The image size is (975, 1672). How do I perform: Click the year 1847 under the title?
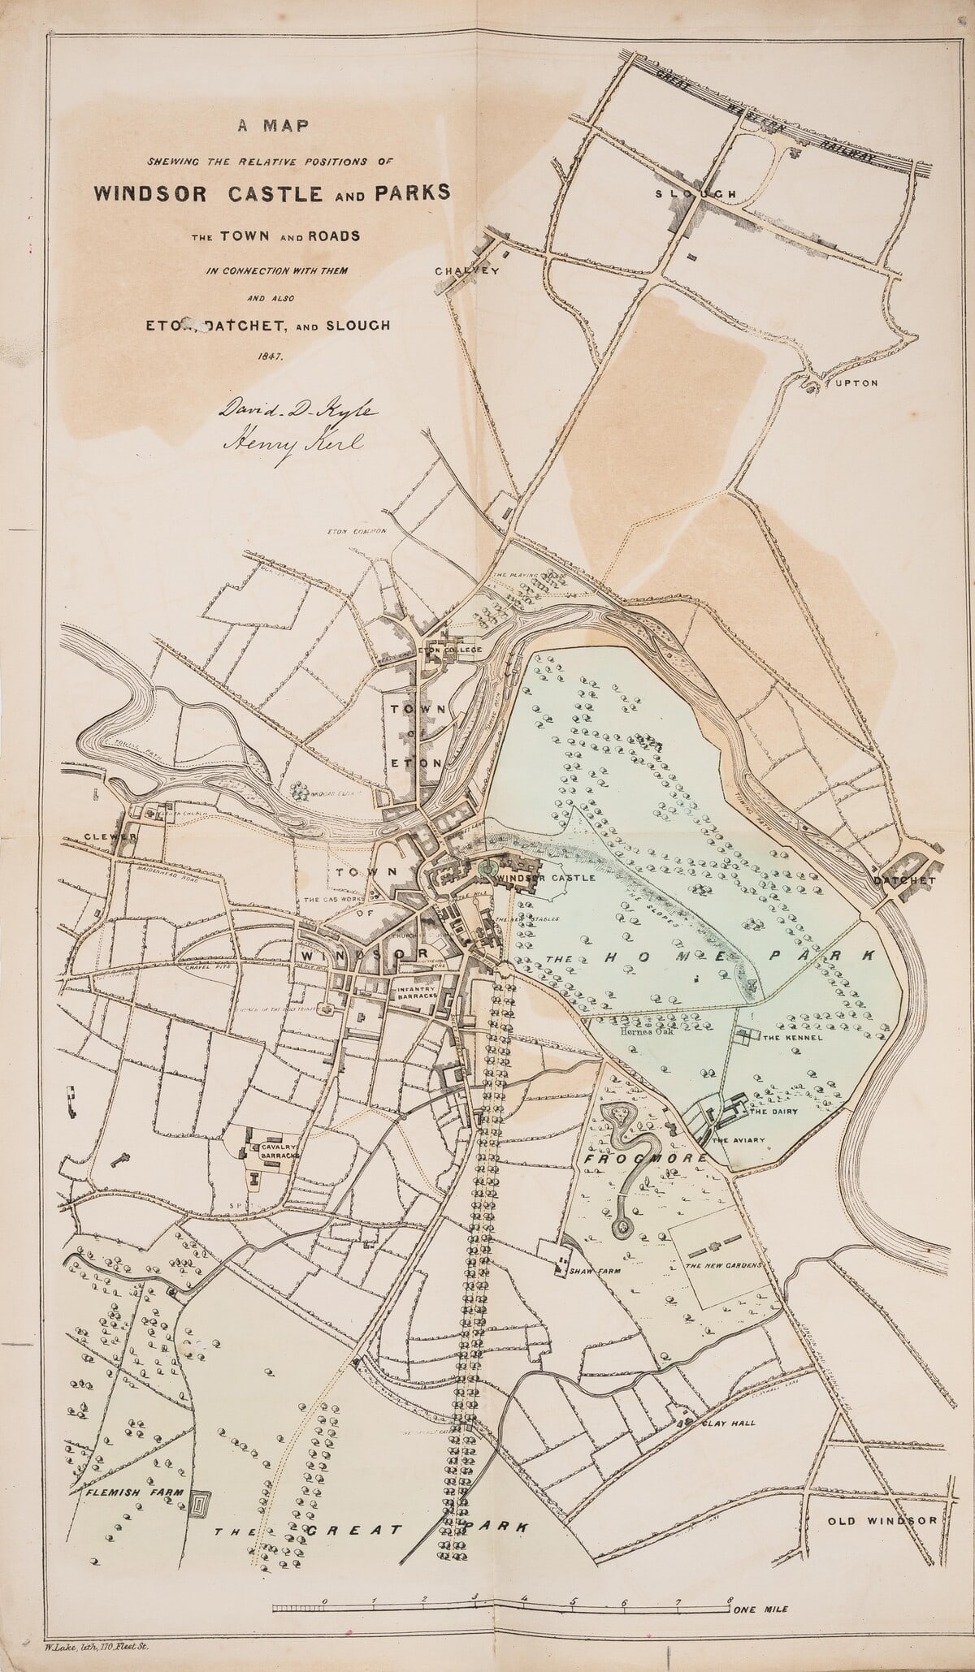pos(269,356)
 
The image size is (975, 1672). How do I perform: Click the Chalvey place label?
pos(466,270)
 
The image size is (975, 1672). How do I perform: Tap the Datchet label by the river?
pos(905,879)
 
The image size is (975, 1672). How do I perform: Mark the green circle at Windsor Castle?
pos(487,869)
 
